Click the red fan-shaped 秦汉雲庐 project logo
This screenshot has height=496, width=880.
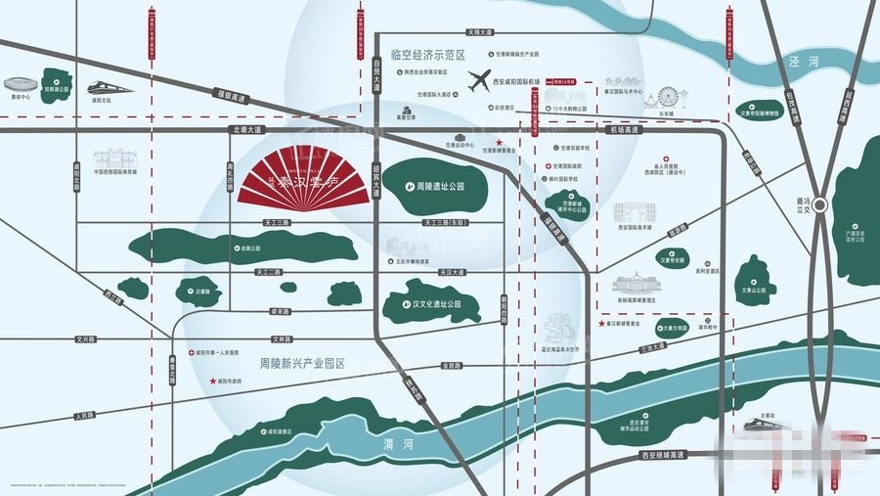pos(304,177)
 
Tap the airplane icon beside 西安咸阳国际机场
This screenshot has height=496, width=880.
pos(479,81)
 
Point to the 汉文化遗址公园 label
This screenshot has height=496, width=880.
pos(435,304)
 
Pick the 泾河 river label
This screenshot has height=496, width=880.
pos(799,61)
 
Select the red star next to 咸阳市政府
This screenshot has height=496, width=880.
pos(211,381)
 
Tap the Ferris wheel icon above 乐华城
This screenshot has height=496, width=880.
pos(668,97)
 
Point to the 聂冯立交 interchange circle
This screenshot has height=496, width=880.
pos(820,205)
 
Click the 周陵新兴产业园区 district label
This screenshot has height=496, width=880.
pos(303,363)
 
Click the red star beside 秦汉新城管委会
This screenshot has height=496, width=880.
pos(600,323)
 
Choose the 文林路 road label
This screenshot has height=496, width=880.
pos(283,339)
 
